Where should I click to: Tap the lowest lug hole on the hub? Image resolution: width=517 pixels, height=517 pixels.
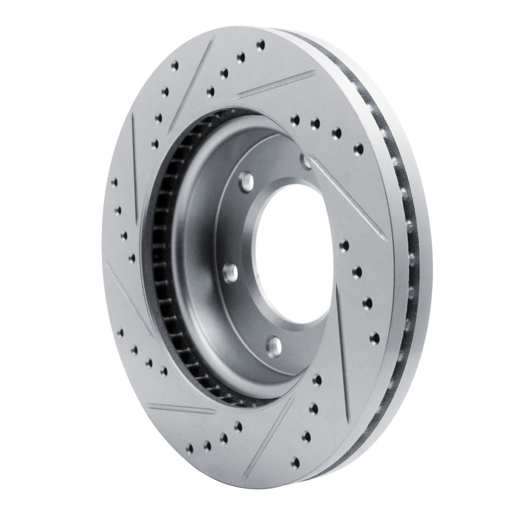pos(275,343)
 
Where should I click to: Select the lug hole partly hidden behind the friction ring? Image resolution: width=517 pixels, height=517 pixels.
pos(306,161)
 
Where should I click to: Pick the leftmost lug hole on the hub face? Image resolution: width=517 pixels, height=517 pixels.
pos(229,272)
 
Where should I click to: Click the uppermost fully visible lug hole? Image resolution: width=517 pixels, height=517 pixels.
pos(245,180)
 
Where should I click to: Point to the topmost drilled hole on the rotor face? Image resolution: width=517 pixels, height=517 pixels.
pos(260,45)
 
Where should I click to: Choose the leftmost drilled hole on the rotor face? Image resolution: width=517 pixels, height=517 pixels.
pos(114,183)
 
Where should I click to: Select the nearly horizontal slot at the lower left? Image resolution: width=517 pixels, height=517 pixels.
pos(181,408)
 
